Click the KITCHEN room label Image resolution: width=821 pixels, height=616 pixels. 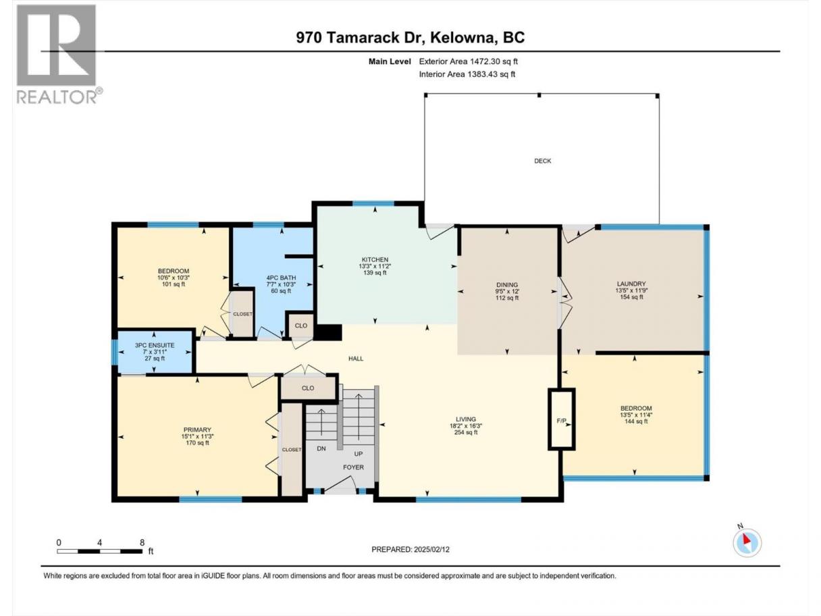coord(375,259)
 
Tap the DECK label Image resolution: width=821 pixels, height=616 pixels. coord(542,161)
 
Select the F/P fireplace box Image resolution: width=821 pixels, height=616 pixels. coord(562,419)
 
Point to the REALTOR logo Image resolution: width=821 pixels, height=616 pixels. coord(57,54)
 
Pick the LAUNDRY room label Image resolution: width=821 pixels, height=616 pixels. coord(631,284)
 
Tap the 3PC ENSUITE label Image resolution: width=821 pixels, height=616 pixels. coord(155,345)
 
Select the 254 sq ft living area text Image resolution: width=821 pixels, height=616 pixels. coord(466,432)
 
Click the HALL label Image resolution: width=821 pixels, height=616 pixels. coord(356,358)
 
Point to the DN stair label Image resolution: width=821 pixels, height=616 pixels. coord(321,448)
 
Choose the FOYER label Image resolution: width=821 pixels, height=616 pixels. coord(354,467)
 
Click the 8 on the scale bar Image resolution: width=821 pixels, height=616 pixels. coord(142,542)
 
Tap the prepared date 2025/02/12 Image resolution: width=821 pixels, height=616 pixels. coord(431,549)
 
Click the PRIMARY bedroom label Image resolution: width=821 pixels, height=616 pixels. coord(197,430)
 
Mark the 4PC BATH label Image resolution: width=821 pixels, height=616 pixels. coord(281,278)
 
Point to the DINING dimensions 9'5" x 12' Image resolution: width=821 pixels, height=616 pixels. coord(507,291)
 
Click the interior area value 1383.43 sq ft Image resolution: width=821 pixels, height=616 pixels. coord(491,74)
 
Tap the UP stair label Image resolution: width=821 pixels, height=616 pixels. coord(359,454)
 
